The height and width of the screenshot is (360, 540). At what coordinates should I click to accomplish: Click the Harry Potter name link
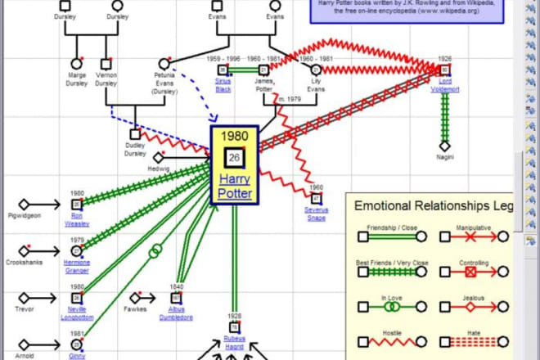point(235,186)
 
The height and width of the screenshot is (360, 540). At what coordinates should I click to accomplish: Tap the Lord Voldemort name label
point(445,85)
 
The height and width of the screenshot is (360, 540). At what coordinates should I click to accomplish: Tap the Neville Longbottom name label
point(77,313)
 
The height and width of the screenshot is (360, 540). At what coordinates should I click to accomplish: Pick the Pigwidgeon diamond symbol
point(25,204)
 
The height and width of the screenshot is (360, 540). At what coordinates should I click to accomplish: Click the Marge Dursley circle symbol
point(77,63)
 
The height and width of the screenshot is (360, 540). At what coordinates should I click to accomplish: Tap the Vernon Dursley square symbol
point(106,63)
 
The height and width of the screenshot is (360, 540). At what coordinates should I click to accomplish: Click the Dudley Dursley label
point(135,147)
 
